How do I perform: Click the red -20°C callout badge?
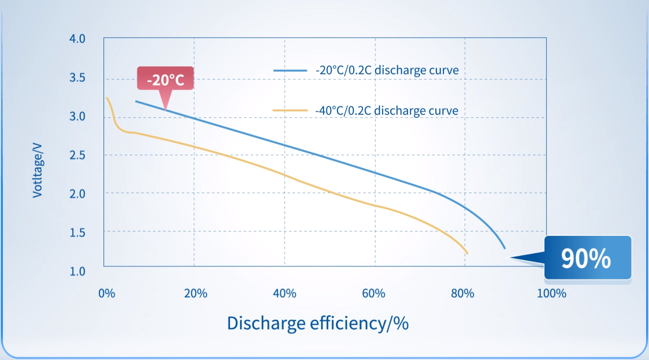(x=165, y=79)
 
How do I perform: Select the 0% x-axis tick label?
(x=106, y=293)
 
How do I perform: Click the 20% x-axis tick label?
(x=196, y=293)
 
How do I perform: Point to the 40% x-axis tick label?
(x=285, y=293)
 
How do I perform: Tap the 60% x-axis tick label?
(x=374, y=293)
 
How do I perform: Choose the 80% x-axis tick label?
(x=463, y=293)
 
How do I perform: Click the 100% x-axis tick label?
(x=551, y=293)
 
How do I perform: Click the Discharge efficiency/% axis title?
(x=318, y=323)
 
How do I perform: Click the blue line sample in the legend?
(x=290, y=70)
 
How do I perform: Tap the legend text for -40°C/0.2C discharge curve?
(x=387, y=111)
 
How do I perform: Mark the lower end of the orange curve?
(x=466, y=253)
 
